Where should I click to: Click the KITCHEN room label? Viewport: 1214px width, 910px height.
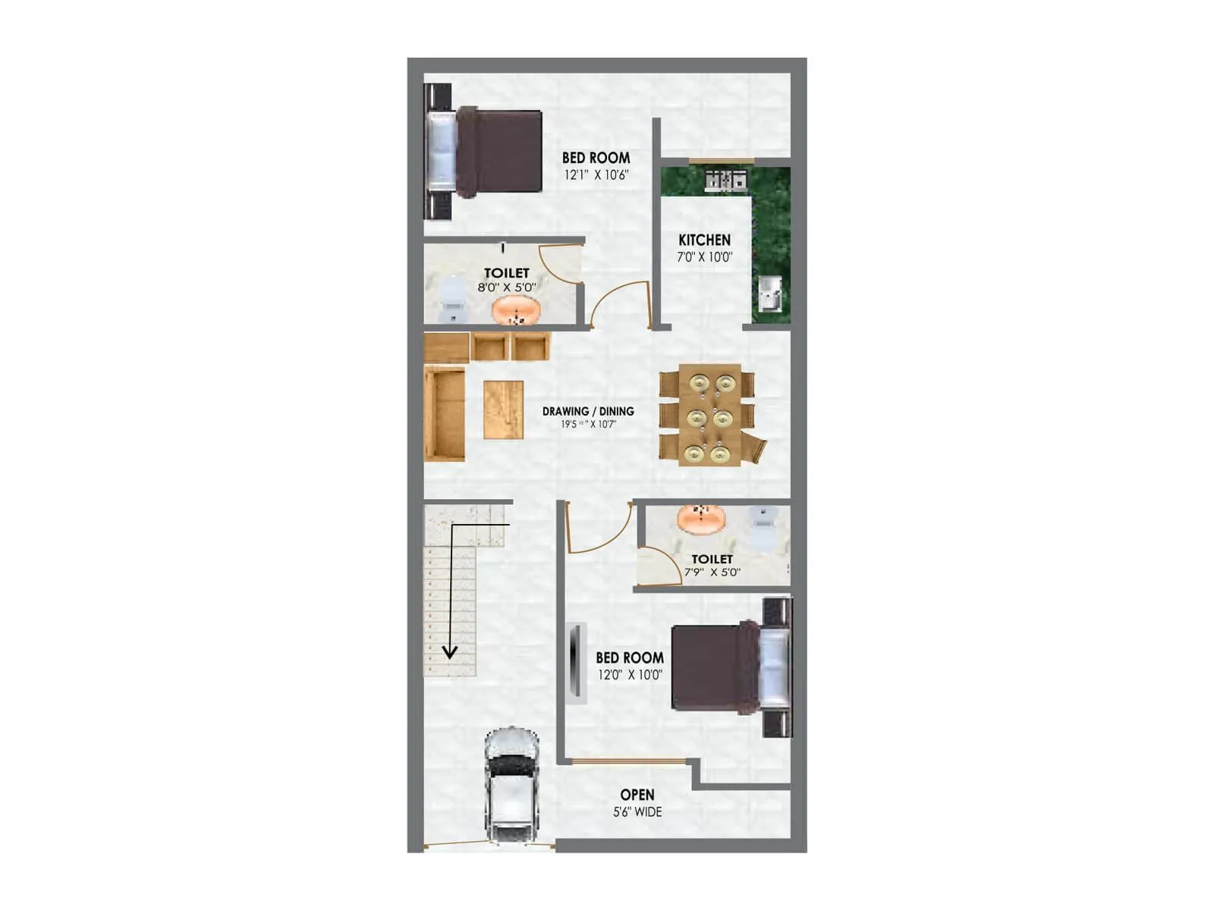[x=704, y=240]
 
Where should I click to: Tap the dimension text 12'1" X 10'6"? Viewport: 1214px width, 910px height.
[x=596, y=175]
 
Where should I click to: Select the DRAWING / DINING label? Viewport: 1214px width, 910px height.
[x=588, y=411]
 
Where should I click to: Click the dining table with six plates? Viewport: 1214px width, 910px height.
[x=709, y=415]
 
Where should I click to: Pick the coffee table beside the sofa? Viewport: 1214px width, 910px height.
[x=503, y=409]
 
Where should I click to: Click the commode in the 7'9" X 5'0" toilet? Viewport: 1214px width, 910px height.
[x=762, y=528]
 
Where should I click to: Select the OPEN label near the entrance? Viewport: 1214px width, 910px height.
[x=637, y=795]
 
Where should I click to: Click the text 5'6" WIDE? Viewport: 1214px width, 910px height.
[x=637, y=812]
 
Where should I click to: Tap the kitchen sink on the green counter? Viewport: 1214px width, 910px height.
[x=770, y=293]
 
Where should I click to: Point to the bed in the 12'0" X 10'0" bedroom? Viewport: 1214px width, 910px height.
[x=728, y=667]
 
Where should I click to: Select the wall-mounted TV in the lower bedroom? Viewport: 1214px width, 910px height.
[x=576, y=660]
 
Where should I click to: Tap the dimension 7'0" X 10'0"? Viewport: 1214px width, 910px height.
[x=704, y=257]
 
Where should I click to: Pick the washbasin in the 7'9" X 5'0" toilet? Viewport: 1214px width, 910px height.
[x=702, y=519]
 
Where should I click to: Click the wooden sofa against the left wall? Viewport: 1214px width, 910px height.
[x=444, y=413]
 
